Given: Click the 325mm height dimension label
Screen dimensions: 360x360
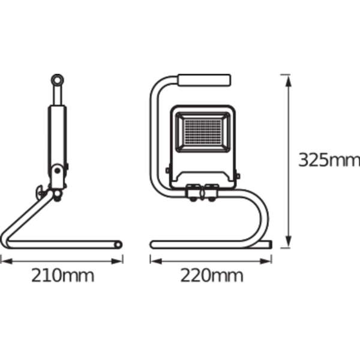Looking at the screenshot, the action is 329,160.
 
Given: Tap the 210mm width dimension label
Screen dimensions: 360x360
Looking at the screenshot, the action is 62,275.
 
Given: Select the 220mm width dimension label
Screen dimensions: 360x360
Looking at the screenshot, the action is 212,275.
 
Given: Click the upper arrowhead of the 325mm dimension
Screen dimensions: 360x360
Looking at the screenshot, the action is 289,80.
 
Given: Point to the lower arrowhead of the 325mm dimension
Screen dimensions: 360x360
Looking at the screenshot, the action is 289,242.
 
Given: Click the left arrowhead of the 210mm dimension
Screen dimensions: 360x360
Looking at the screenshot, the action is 7,261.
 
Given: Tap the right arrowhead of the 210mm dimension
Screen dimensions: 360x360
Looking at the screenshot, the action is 117,261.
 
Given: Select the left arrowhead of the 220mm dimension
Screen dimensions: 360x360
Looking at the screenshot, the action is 156,261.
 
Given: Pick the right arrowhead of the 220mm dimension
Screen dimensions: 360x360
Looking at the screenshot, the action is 266,261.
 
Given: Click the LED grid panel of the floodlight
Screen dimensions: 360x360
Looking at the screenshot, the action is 203,132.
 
